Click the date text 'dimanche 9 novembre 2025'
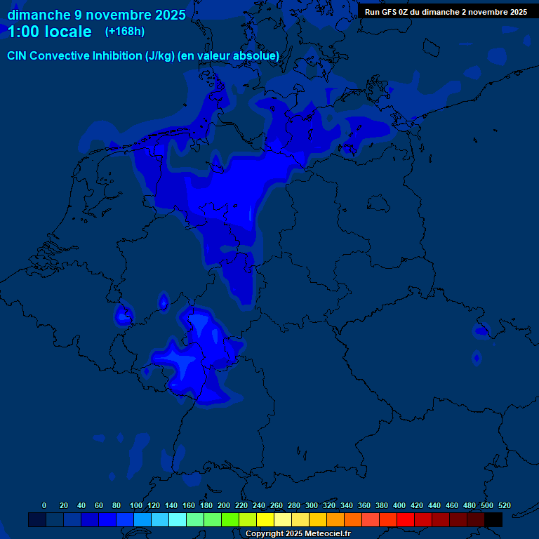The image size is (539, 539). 96,15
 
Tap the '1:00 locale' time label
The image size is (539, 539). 49,32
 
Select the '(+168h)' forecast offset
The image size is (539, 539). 124,32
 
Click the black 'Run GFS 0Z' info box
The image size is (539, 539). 446,11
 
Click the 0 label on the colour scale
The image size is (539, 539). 44,505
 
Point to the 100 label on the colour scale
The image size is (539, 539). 136,505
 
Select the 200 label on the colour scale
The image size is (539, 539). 224,505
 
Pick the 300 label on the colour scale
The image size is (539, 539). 312,505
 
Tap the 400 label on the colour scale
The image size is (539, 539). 399,505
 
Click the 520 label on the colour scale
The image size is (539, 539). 504,505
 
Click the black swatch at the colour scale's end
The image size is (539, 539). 493,520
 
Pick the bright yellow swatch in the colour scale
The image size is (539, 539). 265,520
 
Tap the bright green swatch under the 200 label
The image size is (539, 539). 230,520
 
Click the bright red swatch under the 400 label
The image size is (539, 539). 406,520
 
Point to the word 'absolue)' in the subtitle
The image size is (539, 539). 259,56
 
